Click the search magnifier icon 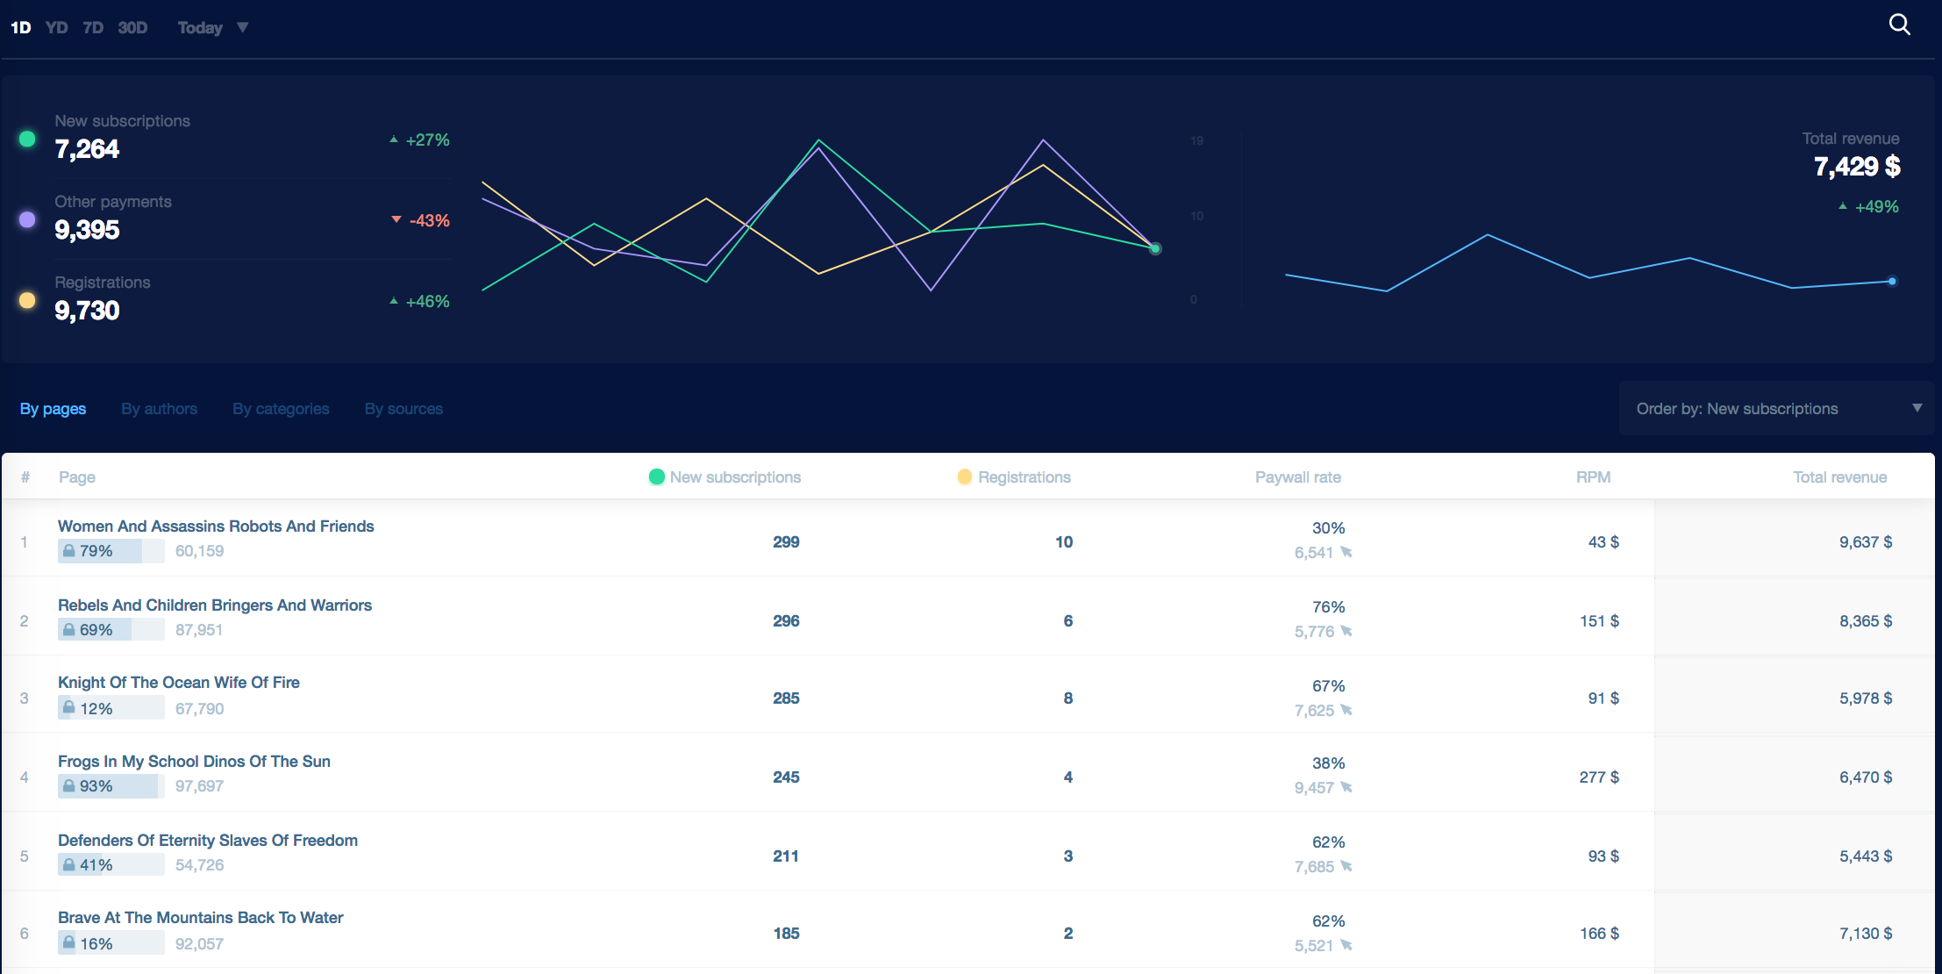pos(1899,25)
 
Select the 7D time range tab pos(93,28)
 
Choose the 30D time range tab pos(132,28)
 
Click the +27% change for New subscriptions pos(420,140)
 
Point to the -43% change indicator pos(421,221)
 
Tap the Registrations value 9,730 pos(87,311)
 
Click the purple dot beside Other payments pos(27,219)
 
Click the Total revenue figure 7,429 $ pos(1857,167)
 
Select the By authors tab pos(160,409)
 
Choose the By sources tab pos(404,409)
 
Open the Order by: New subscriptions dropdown pos(1777,408)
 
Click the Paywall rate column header pos(1298,477)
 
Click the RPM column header pos(1593,477)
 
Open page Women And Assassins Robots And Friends pos(216,526)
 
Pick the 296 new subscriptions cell pos(786,621)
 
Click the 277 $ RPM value pos(1599,777)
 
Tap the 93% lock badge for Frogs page pos(111,786)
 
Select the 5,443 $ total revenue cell pos(1866,856)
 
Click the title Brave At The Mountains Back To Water pos(201,918)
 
